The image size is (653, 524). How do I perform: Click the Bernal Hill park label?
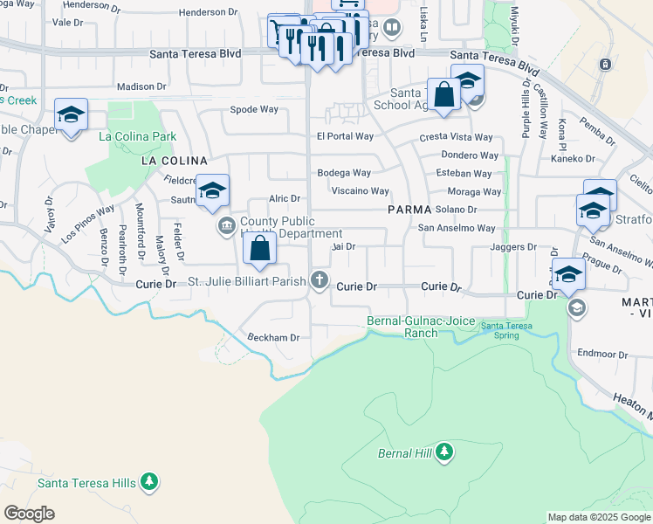pyautogui.click(x=405, y=453)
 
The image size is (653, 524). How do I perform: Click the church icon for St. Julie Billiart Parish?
pyautogui.click(x=320, y=281)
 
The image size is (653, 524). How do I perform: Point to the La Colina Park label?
pyautogui.click(x=138, y=136)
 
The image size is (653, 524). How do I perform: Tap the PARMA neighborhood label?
pyautogui.click(x=409, y=210)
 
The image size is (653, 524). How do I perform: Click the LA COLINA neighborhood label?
pyautogui.click(x=175, y=161)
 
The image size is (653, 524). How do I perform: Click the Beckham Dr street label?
pyautogui.click(x=274, y=337)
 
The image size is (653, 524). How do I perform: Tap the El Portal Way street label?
pyautogui.click(x=345, y=136)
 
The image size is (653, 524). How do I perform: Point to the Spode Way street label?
pyautogui.click(x=254, y=109)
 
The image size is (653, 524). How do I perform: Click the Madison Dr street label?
pyautogui.click(x=141, y=86)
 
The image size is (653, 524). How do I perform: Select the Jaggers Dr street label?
pyautogui.click(x=513, y=247)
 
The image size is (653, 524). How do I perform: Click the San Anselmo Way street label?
pyautogui.click(x=456, y=228)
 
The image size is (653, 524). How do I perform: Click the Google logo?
pyautogui.click(x=29, y=513)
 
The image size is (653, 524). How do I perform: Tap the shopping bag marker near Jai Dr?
pyautogui.click(x=260, y=248)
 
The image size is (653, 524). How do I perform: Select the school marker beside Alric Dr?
pyautogui.click(x=212, y=191)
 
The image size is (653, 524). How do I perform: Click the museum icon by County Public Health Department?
pyautogui.click(x=227, y=227)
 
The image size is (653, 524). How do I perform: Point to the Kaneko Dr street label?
pyautogui.click(x=573, y=159)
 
